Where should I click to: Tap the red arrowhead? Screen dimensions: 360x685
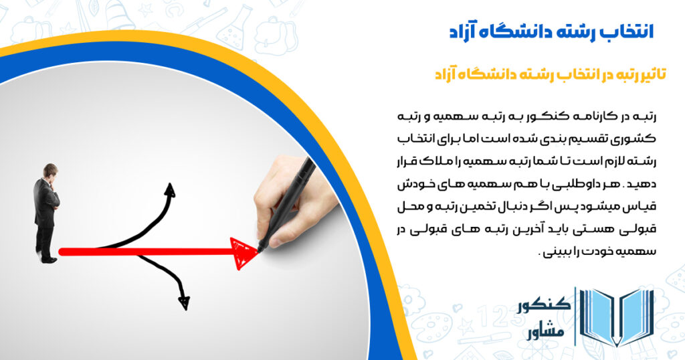[x=244, y=252]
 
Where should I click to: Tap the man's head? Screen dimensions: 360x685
[x=50, y=171]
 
